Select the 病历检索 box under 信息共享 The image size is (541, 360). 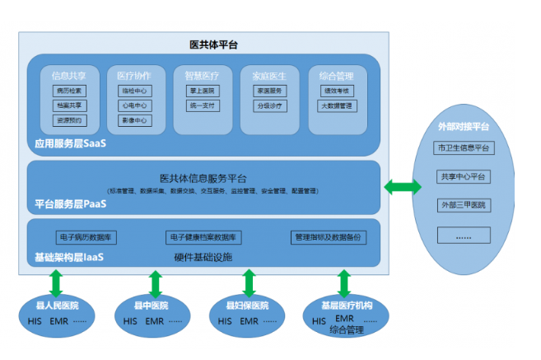click(x=69, y=91)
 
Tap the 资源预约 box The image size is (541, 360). click(x=69, y=120)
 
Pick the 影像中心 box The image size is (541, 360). click(x=134, y=120)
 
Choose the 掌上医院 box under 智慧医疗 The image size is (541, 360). click(x=202, y=91)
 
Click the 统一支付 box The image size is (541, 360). click(x=202, y=105)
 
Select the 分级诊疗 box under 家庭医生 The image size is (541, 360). click(x=269, y=105)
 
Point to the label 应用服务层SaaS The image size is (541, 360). click(x=71, y=143)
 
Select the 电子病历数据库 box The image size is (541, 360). click(x=86, y=237)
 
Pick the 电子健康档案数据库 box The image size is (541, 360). click(x=203, y=237)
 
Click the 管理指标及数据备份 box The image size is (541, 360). click(x=329, y=237)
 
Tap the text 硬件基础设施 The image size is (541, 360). click(x=203, y=257)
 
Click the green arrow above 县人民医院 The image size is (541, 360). click(x=57, y=282)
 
